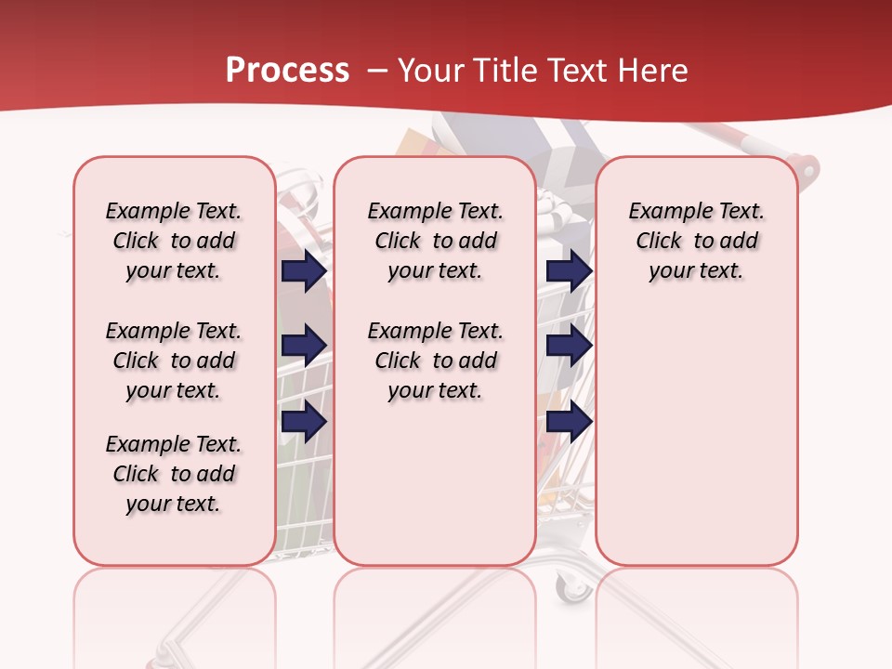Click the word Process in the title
click(287, 71)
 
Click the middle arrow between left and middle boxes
click(304, 346)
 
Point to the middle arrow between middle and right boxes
click(570, 346)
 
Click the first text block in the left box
click(174, 241)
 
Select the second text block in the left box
click(174, 361)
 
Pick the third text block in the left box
click(174, 474)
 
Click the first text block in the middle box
click(435, 241)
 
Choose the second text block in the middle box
click(435, 361)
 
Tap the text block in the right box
click(697, 241)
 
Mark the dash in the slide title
click(377, 71)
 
